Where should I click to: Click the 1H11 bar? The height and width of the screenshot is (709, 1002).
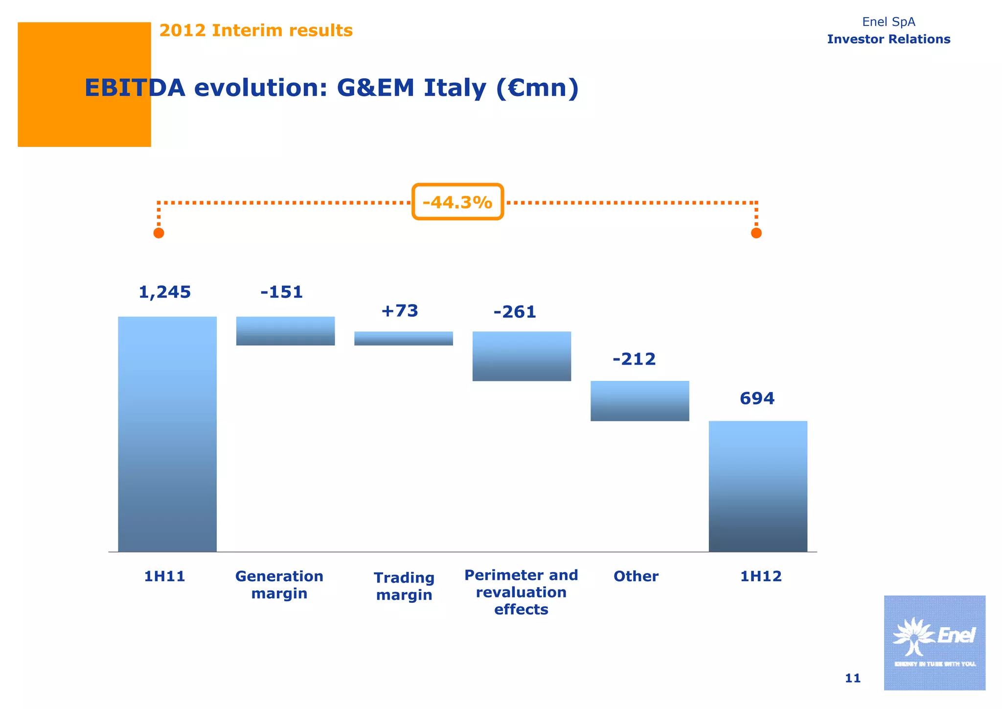click(x=167, y=434)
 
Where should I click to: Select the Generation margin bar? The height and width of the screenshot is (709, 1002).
click(x=285, y=331)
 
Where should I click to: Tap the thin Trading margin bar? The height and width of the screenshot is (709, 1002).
click(x=404, y=338)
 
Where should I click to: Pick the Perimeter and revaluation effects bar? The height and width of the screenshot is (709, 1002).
click(x=522, y=356)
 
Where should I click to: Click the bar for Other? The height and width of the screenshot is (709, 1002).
click(x=639, y=401)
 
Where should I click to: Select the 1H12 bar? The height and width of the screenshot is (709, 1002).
click(x=758, y=486)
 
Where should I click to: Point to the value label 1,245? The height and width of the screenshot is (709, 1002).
click(x=165, y=292)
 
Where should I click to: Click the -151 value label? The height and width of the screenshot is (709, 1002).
click(x=282, y=292)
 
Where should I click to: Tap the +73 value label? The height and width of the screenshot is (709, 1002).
click(x=400, y=311)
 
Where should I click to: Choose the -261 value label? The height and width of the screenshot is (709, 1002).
click(x=515, y=312)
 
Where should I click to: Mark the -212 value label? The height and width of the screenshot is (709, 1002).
click(x=634, y=359)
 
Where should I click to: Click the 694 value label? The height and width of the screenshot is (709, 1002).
click(x=757, y=399)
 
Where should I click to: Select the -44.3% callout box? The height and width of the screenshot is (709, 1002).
click(x=457, y=202)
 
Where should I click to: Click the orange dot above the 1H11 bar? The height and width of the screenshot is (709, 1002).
click(x=159, y=233)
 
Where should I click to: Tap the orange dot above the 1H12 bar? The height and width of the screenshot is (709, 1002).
click(x=756, y=233)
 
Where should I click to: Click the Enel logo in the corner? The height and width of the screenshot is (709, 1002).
click(x=934, y=642)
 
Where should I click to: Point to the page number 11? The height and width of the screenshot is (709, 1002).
click(x=852, y=678)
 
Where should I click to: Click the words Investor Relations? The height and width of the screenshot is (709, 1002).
click(x=888, y=39)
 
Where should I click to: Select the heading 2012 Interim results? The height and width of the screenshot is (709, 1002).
click(x=256, y=30)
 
